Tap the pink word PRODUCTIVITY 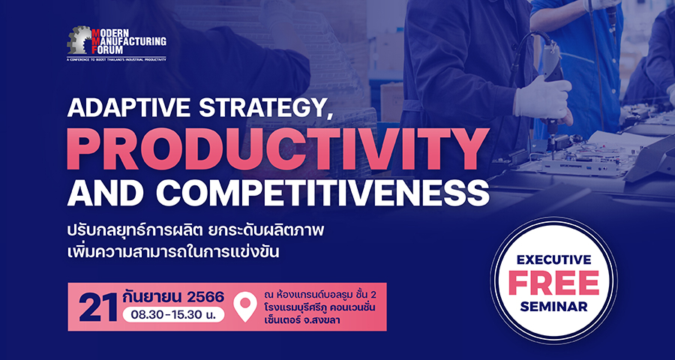pos(277,149)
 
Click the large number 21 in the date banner pos(97,307)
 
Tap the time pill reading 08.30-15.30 pos(173,315)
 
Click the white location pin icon pos(245,307)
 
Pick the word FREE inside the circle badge pos(553,283)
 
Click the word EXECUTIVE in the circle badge pos(553,260)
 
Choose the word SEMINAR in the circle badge pos(553,306)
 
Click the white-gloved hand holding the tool pos(543,99)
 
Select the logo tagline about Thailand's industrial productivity pos(116,59)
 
